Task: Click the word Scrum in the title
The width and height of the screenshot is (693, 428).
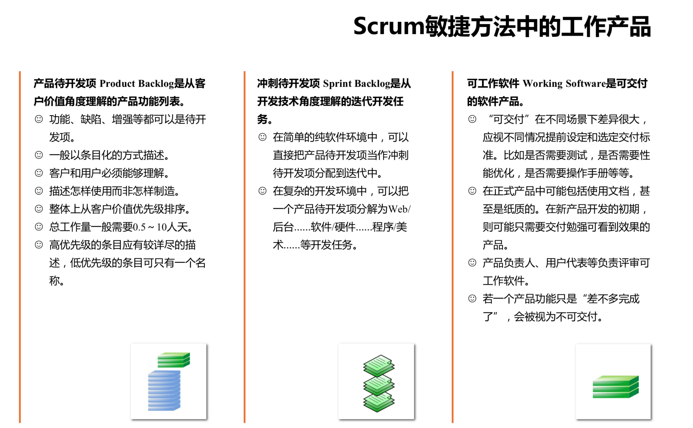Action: [x=389, y=26]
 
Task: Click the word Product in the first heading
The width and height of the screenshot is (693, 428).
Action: [x=117, y=83]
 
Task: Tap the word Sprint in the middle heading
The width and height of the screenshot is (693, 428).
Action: [x=337, y=83]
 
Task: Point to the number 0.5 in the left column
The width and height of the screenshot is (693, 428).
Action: [x=139, y=227]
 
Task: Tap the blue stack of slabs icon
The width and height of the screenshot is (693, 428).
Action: [x=164, y=391]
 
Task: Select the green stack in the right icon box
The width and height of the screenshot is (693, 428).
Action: [x=616, y=387]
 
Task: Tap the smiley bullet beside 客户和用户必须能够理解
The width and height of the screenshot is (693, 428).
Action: [x=39, y=173]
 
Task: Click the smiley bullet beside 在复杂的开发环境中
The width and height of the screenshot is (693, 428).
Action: [x=263, y=191]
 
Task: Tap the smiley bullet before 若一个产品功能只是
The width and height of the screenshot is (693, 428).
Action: [x=472, y=298]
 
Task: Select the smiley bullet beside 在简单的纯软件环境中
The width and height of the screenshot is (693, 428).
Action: [x=263, y=137]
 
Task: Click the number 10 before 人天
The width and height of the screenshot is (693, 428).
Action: [x=162, y=227]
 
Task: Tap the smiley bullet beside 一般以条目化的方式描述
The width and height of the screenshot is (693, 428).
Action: [x=39, y=155]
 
